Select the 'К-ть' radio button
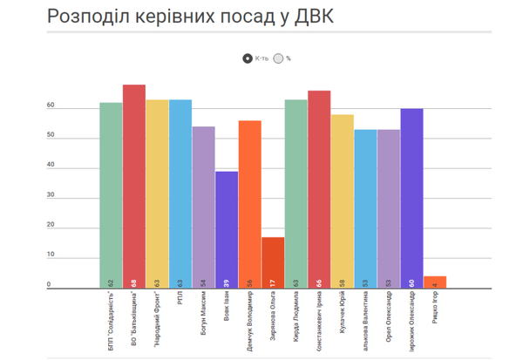point(248,58)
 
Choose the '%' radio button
point(278,58)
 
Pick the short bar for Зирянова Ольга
point(273,262)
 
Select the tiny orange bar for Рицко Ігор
point(435,282)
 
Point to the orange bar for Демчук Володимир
point(249,204)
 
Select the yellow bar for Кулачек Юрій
point(343,200)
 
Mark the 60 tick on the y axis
point(51,106)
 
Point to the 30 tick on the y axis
point(51,196)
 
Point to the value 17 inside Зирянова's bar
point(274,282)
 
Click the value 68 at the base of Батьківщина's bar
point(134,282)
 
